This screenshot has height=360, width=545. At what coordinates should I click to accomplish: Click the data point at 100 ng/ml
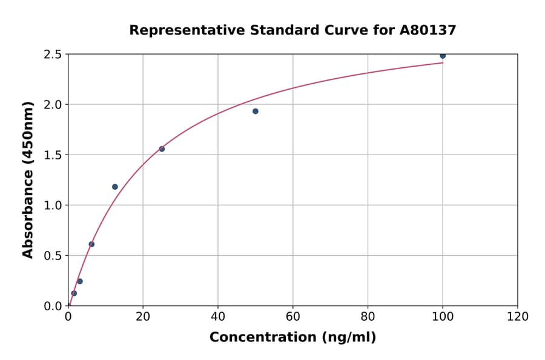pyautogui.click(x=443, y=56)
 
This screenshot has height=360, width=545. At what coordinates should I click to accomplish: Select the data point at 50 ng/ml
pyautogui.click(x=256, y=112)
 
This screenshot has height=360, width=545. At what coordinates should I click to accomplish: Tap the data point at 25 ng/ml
pyautogui.click(x=162, y=149)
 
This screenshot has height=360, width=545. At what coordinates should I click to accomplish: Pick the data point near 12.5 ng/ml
pyautogui.click(x=115, y=187)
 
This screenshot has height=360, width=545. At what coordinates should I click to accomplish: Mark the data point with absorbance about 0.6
pyautogui.click(x=91, y=244)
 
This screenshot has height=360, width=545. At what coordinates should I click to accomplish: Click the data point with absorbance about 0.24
pyautogui.click(x=80, y=281)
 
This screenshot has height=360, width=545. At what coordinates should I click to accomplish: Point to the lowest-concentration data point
pyautogui.click(x=74, y=293)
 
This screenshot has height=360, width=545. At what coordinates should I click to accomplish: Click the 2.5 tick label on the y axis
pyautogui.click(x=53, y=55)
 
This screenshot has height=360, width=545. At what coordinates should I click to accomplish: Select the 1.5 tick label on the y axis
pyautogui.click(x=53, y=155)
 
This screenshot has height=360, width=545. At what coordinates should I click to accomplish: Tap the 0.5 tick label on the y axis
pyautogui.click(x=53, y=256)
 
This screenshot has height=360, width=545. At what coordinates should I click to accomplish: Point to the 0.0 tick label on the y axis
pyautogui.click(x=53, y=306)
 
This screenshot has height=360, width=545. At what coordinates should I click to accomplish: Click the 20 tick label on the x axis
pyautogui.click(x=143, y=316)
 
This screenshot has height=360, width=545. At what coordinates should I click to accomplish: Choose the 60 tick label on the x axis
pyautogui.click(x=293, y=316)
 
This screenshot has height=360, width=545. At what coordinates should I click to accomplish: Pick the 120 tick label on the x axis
pyautogui.click(x=518, y=316)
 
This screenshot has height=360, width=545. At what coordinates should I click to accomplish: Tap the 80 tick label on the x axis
pyautogui.click(x=368, y=316)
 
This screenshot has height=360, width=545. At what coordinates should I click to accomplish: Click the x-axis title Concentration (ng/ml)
pyautogui.click(x=292, y=338)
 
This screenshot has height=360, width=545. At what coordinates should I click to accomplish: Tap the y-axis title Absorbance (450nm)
pyautogui.click(x=28, y=179)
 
